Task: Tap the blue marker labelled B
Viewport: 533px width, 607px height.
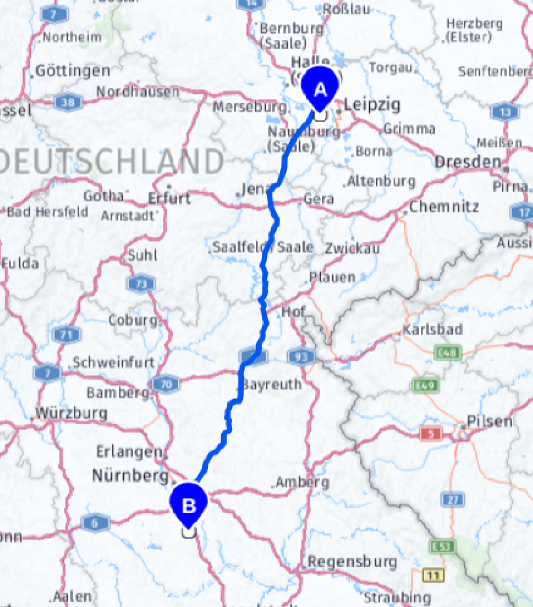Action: point(189,504)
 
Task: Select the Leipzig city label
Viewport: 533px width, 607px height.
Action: point(372,105)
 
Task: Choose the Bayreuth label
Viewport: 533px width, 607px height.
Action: point(272,384)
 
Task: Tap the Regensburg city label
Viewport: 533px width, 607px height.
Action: point(352,561)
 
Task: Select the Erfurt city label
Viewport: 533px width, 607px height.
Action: point(169,198)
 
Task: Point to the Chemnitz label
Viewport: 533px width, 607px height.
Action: point(444,206)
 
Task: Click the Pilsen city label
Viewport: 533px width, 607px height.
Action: point(490,421)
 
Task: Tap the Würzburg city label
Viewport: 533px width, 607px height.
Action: point(71,413)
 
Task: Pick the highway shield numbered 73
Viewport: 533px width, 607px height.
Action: point(141,284)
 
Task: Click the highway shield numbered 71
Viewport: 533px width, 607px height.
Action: point(66,336)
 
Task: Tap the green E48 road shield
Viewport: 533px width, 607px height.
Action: point(448,353)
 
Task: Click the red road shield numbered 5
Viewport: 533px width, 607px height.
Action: point(432,434)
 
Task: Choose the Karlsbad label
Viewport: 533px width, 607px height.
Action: point(432,330)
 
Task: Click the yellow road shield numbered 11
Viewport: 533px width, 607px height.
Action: point(433,575)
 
